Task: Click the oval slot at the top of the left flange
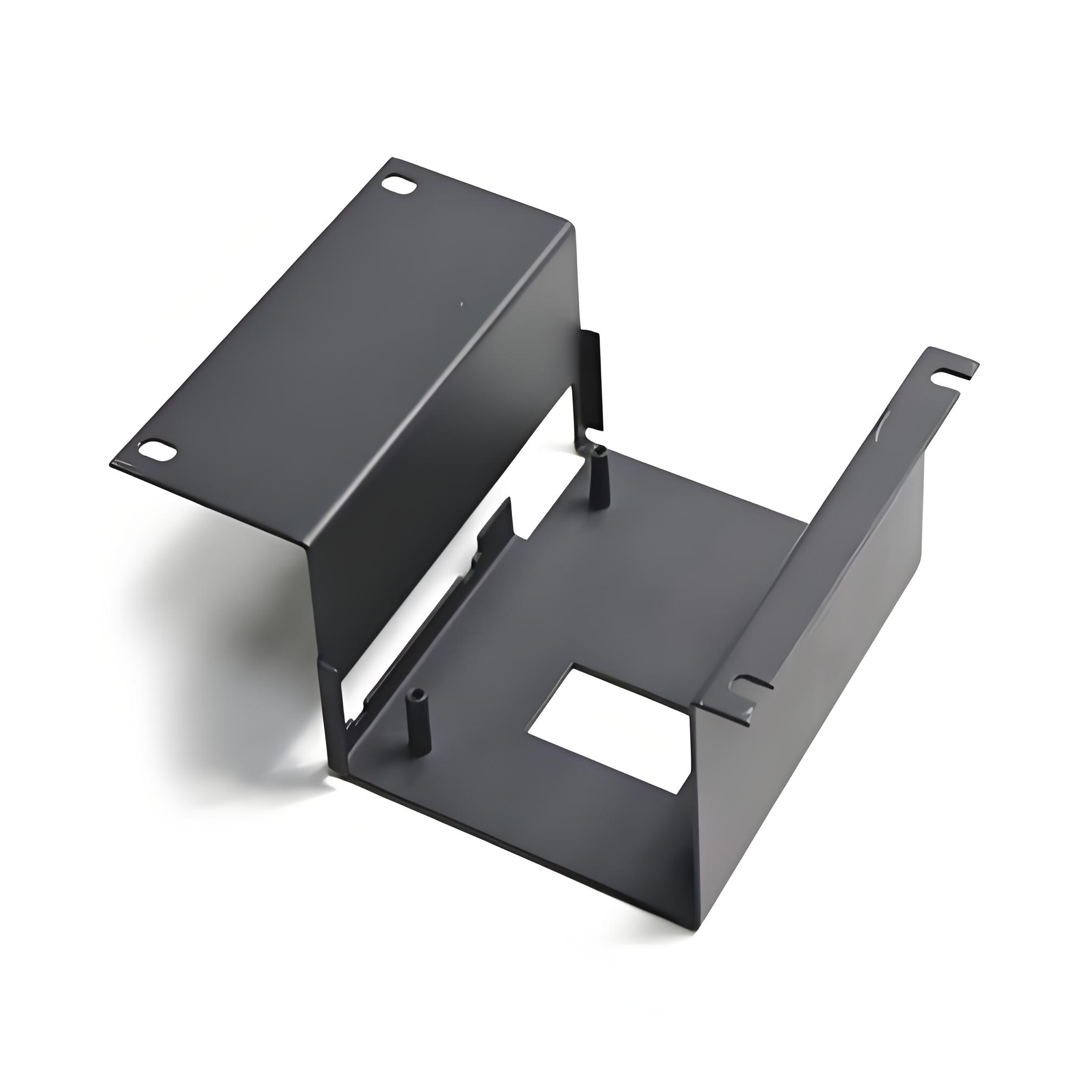pos(399,186)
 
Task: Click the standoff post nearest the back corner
pos(596,477)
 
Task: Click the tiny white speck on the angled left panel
pos(462,305)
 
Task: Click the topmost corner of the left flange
pos(393,159)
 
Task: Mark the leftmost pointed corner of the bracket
pos(111,464)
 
